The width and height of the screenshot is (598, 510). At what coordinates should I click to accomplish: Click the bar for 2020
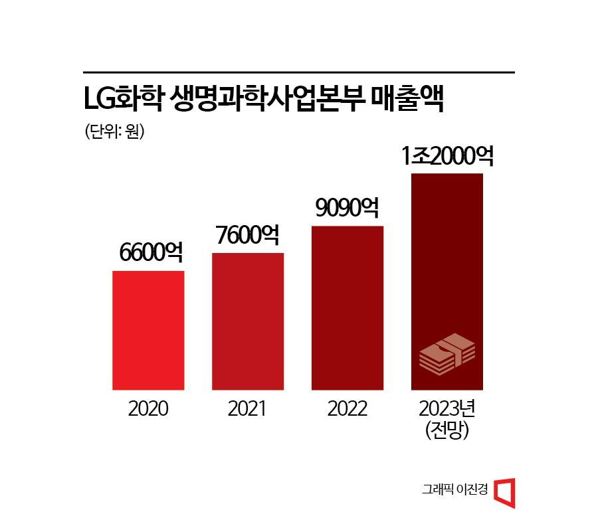(148, 330)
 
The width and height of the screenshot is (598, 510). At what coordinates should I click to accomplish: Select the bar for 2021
(248, 321)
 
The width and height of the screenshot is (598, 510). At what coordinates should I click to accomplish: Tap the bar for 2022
(348, 307)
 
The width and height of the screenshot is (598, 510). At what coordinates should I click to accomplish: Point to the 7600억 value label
(248, 235)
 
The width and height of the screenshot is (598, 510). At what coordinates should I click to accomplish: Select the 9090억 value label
(347, 209)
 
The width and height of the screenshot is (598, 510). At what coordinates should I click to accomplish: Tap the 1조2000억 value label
(448, 157)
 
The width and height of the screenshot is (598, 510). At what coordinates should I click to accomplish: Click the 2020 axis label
(149, 408)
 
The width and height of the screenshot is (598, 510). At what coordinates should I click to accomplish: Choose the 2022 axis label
(348, 408)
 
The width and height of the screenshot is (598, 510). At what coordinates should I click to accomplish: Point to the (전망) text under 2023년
(447, 430)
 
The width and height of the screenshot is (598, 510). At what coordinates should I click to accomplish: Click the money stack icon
(447, 353)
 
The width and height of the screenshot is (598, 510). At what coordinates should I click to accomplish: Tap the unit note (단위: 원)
(115, 131)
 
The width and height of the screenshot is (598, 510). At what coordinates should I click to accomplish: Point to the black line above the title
(299, 72)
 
